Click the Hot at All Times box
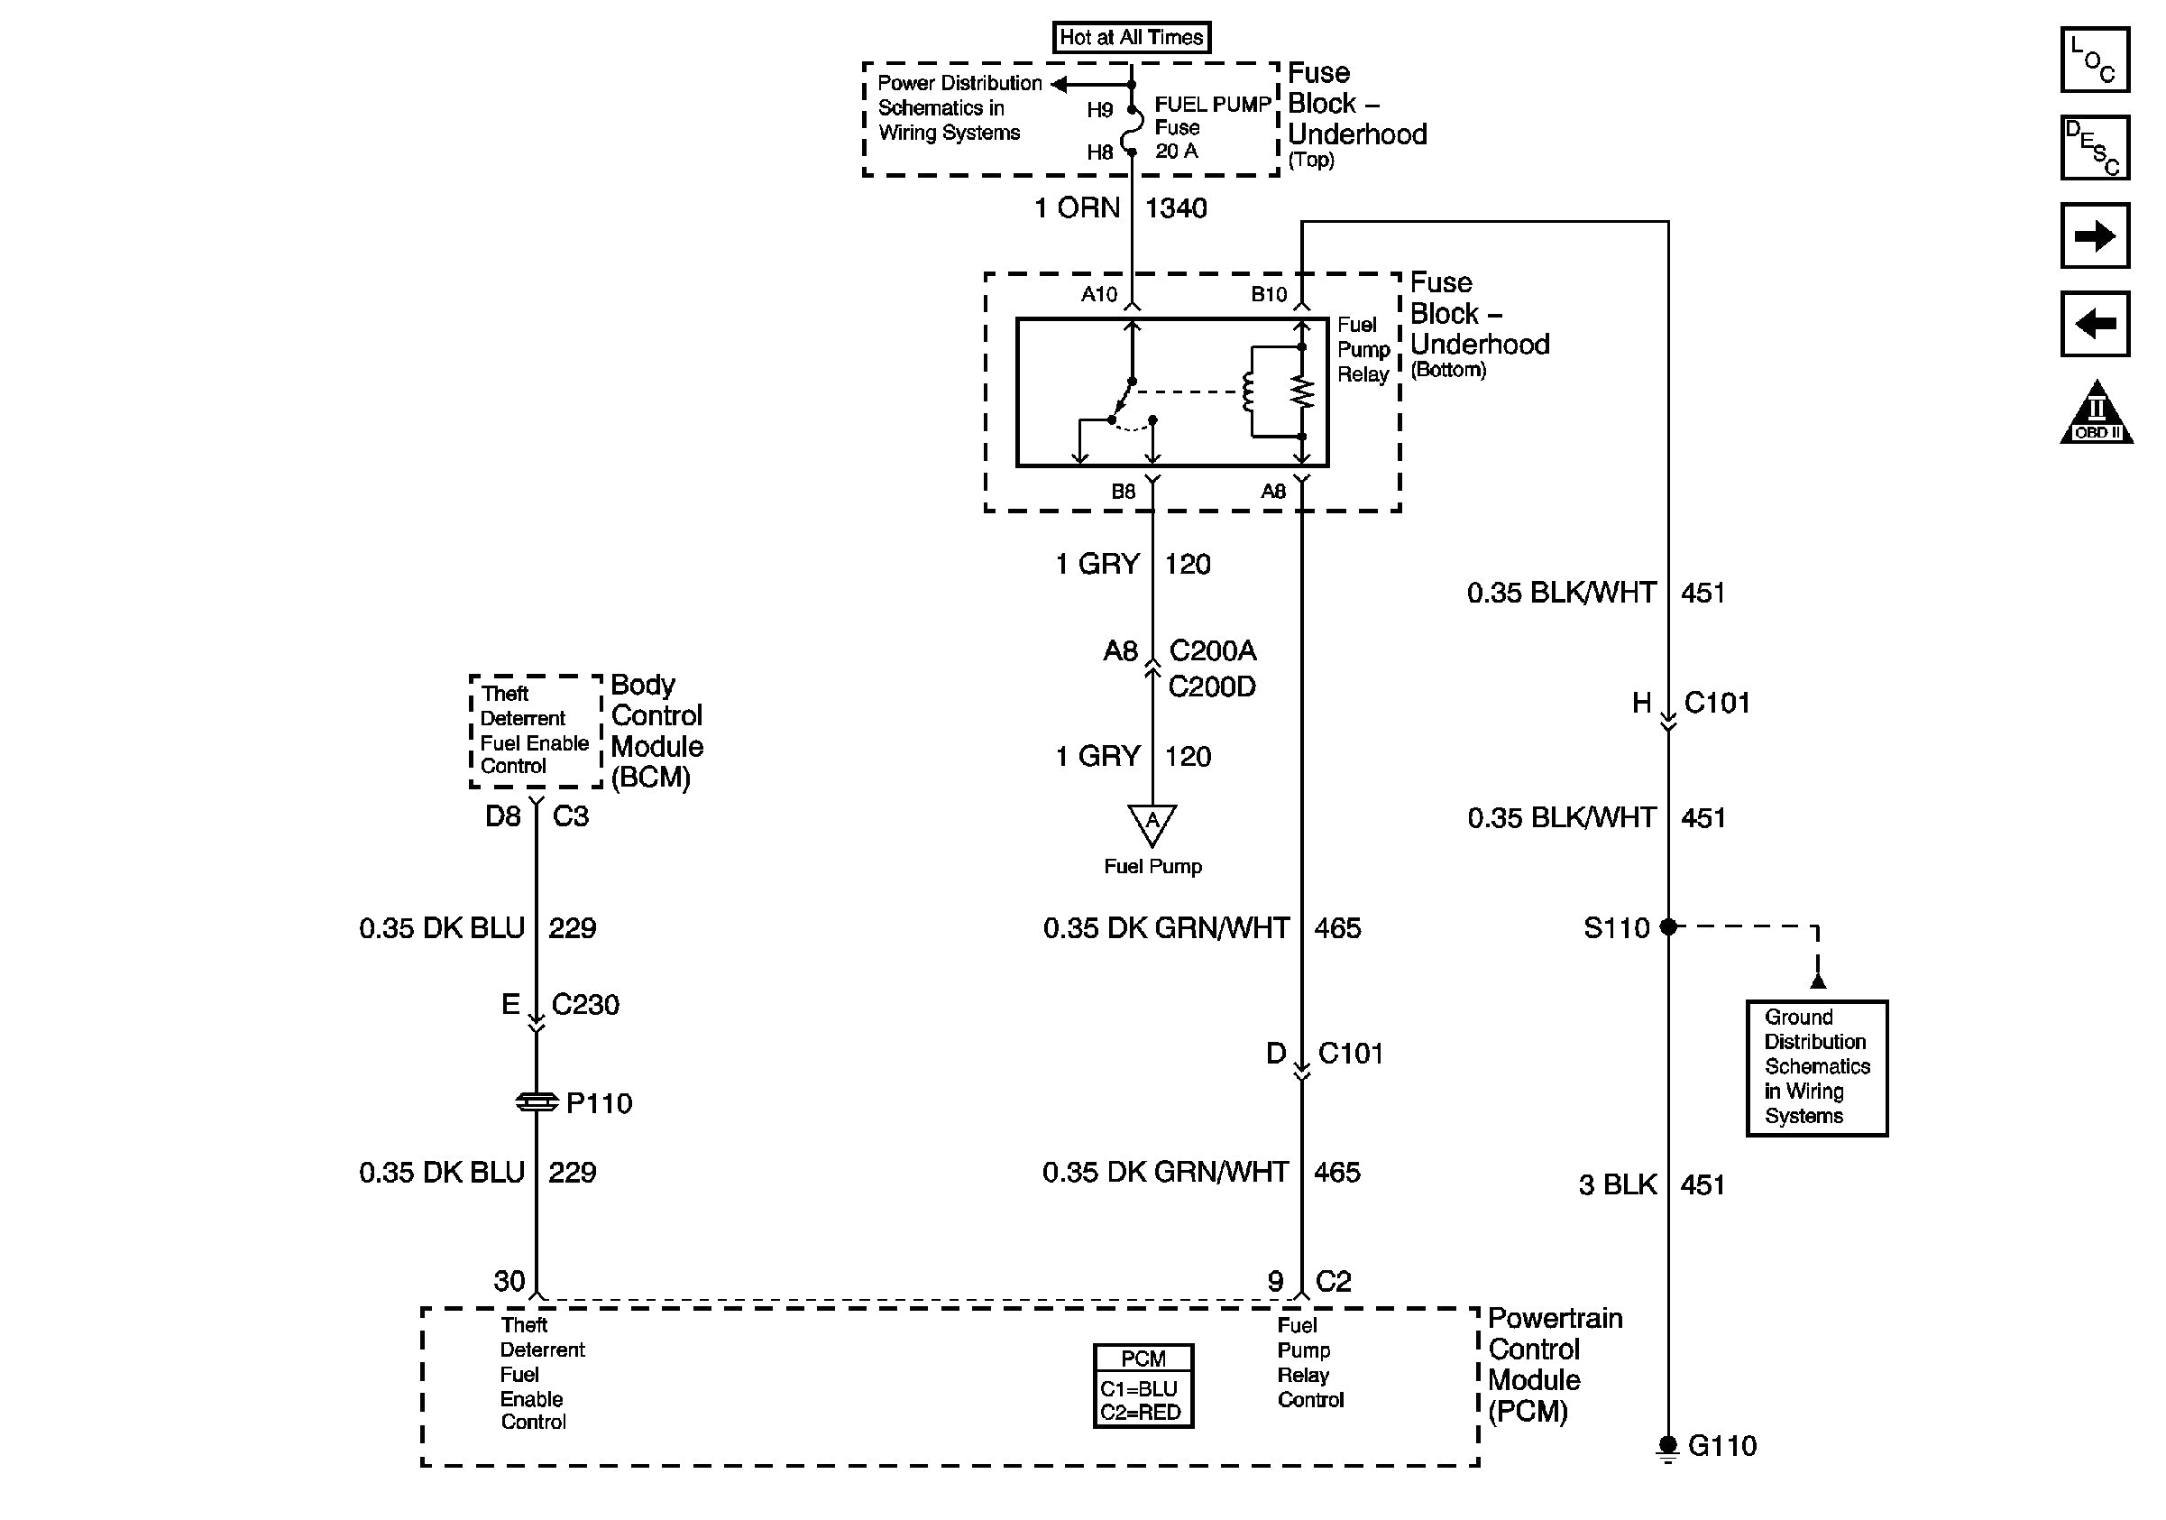coord(1131,38)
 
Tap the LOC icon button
coord(2094,60)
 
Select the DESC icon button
coord(2094,147)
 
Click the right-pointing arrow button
coord(2094,235)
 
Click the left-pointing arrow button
coord(2094,325)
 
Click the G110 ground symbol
coord(1667,1446)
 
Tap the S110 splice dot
coord(1668,926)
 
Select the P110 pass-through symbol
coord(537,1102)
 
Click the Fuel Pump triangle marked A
coord(1152,823)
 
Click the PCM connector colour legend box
coord(1143,1386)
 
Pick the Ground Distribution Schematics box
coord(1816,1067)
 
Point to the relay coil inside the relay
coord(1249,392)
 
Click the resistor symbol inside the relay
coord(1302,392)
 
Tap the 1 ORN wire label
coord(1078,207)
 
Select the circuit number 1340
coord(1176,207)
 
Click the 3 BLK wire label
coord(1617,1185)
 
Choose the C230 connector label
coord(585,1005)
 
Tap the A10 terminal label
coord(1099,294)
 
